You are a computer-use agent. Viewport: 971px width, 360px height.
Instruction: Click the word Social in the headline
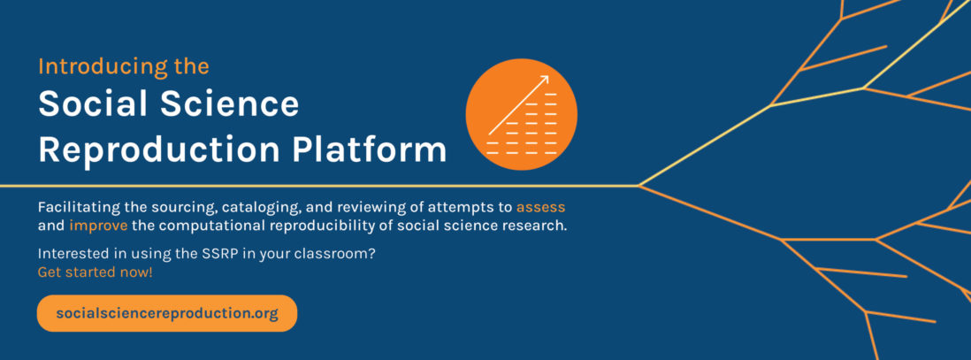93,104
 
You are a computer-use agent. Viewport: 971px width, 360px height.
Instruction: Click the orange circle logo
522,114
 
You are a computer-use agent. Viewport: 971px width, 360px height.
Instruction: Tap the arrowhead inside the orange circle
543,80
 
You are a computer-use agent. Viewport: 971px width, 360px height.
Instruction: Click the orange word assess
540,207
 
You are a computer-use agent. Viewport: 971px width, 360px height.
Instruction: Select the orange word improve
98,226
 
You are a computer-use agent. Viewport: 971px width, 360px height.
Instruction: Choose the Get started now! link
96,272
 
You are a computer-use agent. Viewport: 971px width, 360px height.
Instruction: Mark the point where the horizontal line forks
639,185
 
